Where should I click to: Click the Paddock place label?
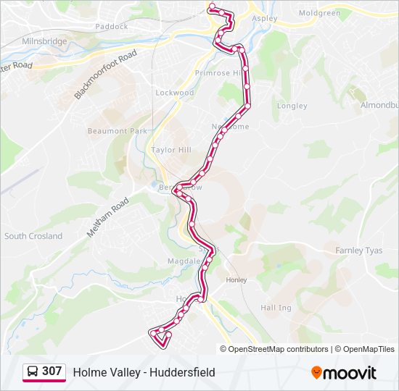[111, 26]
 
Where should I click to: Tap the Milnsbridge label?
[44, 42]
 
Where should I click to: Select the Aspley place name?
[265, 18]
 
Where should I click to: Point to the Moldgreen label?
[319, 13]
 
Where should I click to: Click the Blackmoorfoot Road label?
[105, 75]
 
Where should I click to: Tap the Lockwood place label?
[175, 93]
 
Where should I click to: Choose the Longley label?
[292, 106]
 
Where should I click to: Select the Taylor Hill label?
[170, 149]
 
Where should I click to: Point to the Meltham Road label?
[107, 218]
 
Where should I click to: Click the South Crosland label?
[33, 236]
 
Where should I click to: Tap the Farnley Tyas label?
[358, 251]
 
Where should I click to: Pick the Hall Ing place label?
[276, 308]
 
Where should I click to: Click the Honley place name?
[236, 279]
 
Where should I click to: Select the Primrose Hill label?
[218, 73]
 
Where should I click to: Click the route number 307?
[52, 371]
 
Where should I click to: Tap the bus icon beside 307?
[33, 372]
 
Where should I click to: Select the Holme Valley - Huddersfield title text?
[144, 372]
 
